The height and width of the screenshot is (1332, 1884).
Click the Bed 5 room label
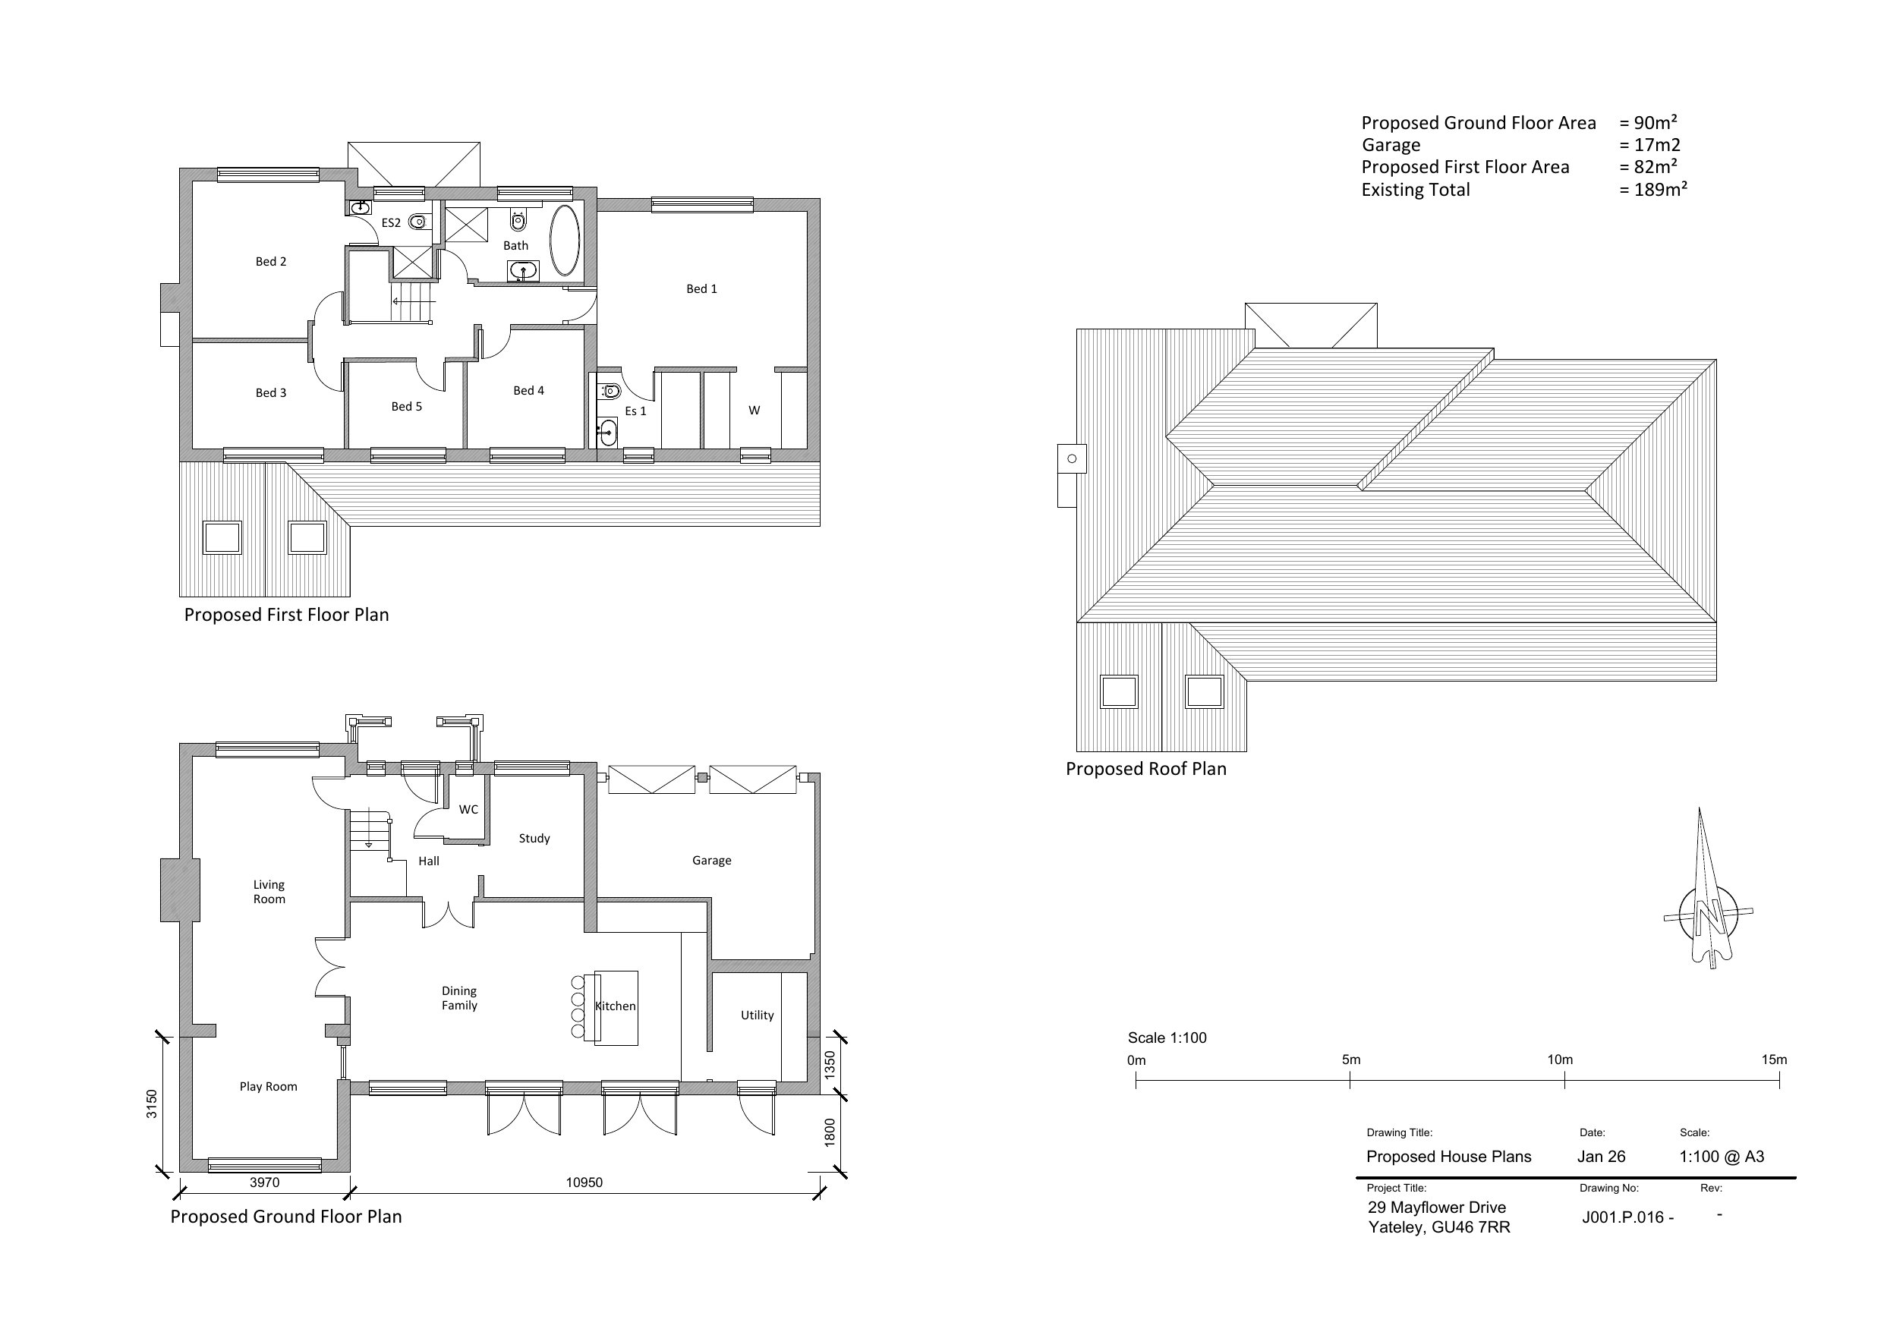pos(406,406)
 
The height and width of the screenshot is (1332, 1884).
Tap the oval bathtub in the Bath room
pos(565,240)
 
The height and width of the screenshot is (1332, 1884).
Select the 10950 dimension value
pos(584,1182)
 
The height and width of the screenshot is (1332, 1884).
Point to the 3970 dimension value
pos(264,1182)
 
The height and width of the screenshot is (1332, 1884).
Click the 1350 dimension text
pos(830,1064)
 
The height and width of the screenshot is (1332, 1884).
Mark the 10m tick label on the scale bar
pos(1560,1060)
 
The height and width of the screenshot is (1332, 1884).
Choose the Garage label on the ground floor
pos(711,860)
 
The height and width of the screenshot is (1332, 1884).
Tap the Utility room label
pos(757,1016)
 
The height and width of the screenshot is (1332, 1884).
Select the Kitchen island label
pos(616,1006)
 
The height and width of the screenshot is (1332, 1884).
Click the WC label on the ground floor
pos(468,809)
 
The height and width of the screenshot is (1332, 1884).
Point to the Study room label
pos(534,838)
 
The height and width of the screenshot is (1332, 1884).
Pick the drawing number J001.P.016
pos(1623,1217)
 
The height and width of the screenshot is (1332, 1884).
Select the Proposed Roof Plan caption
pos(1145,769)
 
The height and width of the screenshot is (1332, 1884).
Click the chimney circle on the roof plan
pos(1072,458)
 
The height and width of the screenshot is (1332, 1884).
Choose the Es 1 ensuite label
pos(636,411)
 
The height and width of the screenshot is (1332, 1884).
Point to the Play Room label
pos(268,1087)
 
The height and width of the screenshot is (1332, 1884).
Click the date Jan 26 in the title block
pos(1601,1157)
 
